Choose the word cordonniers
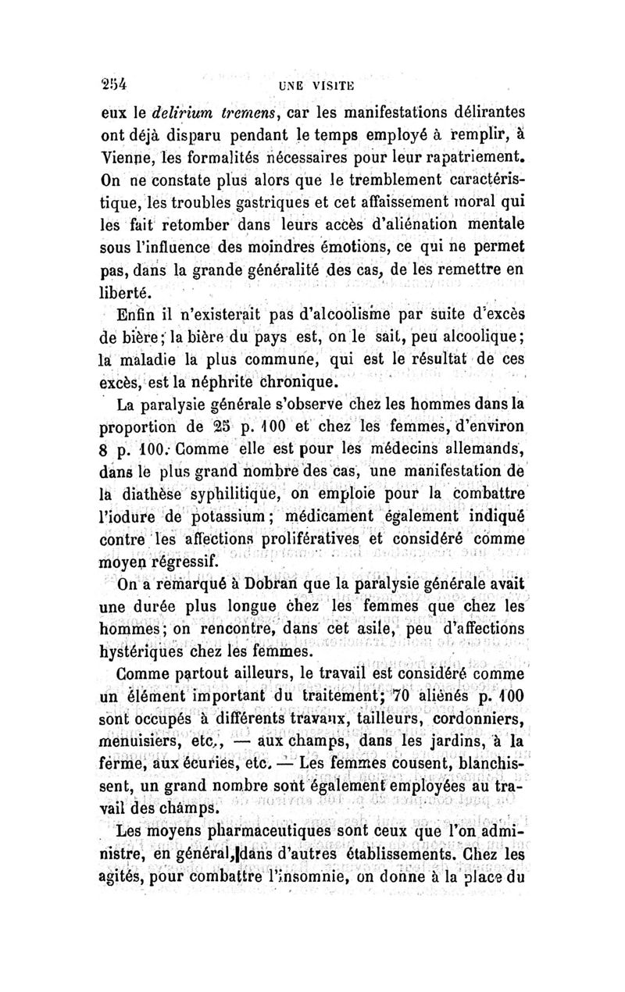coord(476,719)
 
